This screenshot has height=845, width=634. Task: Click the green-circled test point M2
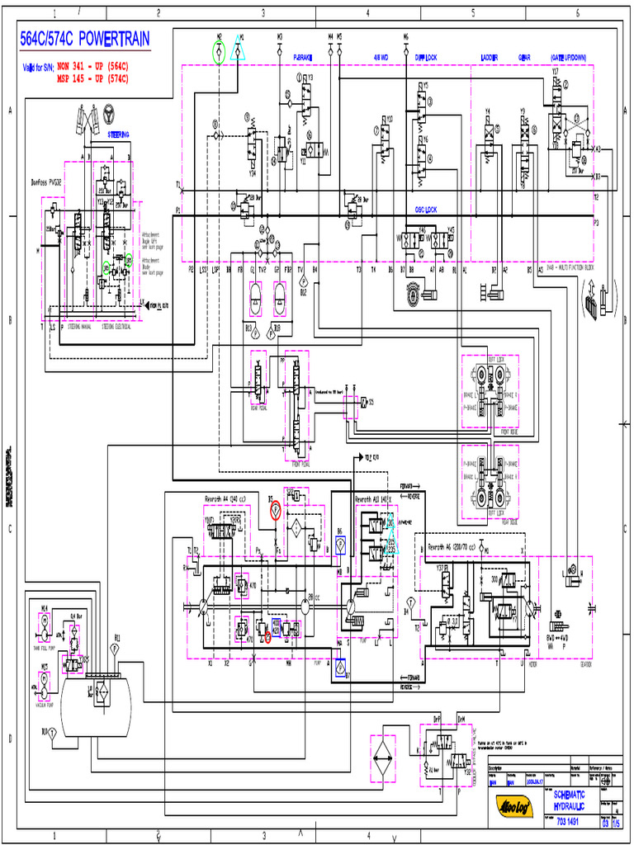point(219,53)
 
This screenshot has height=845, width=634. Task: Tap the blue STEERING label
point(119,134)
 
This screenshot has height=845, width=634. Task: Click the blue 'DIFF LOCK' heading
point(426,58)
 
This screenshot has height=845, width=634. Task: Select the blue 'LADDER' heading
point(490,58)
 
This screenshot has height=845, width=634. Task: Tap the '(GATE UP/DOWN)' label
point(569,58)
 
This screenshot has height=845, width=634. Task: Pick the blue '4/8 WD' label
point(381,58)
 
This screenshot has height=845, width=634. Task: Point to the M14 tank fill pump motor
point(45,624)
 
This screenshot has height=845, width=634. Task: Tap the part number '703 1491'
point(566,822)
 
